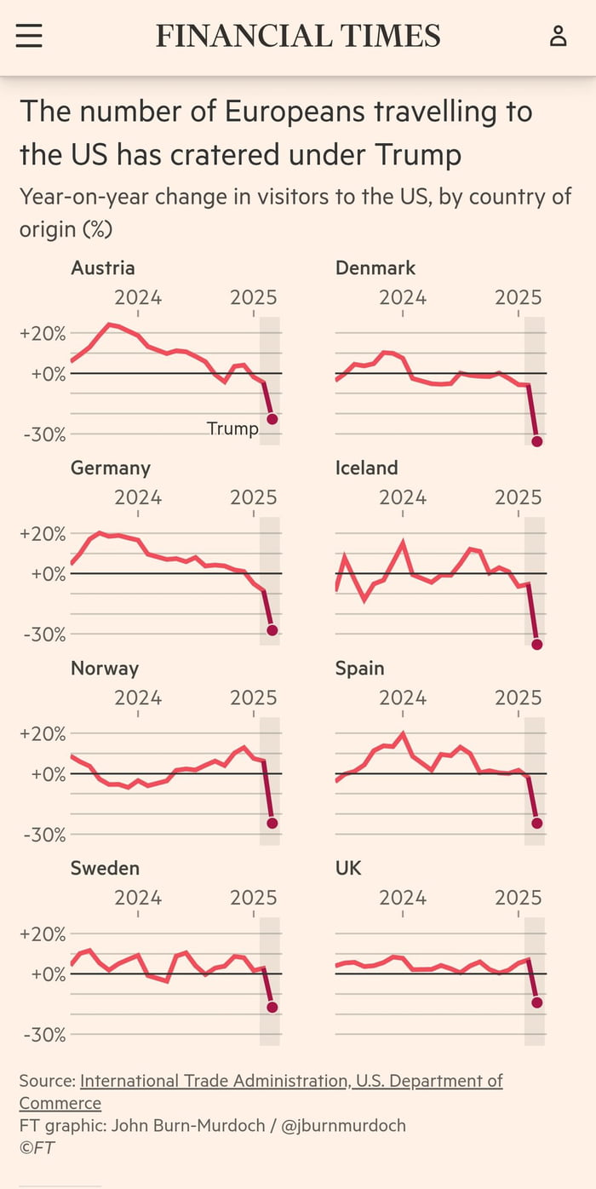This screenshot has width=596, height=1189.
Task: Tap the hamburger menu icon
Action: pos(29,36)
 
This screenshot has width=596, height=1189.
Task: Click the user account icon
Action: pos(558,36)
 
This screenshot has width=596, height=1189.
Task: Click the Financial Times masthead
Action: pos(298,36)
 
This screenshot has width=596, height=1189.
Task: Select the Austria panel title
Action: pos(102,267)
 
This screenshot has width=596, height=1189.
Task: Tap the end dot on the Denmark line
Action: pos(537,441)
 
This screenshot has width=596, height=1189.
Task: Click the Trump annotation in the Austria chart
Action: pos(232,428)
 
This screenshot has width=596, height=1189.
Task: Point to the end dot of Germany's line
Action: pos(272,630)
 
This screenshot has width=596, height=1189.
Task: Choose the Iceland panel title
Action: pos(366,468)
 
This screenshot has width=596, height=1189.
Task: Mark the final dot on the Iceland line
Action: pos(537,644)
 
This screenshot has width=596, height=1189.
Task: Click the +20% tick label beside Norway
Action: pos(43,734)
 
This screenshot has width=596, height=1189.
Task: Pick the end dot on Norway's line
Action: pos(272,823)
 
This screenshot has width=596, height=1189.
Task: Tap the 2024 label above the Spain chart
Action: pos(403,698)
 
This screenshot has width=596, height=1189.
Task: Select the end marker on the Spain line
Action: pos(537,823)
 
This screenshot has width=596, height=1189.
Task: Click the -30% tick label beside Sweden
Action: pos(43,1035)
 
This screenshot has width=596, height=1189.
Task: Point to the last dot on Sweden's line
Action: pos(272,1008)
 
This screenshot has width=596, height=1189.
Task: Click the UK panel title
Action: pos(348,868)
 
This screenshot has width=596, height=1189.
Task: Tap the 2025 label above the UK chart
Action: pos(519,898)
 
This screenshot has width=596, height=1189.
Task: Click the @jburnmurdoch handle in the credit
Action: pos(343,1125)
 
